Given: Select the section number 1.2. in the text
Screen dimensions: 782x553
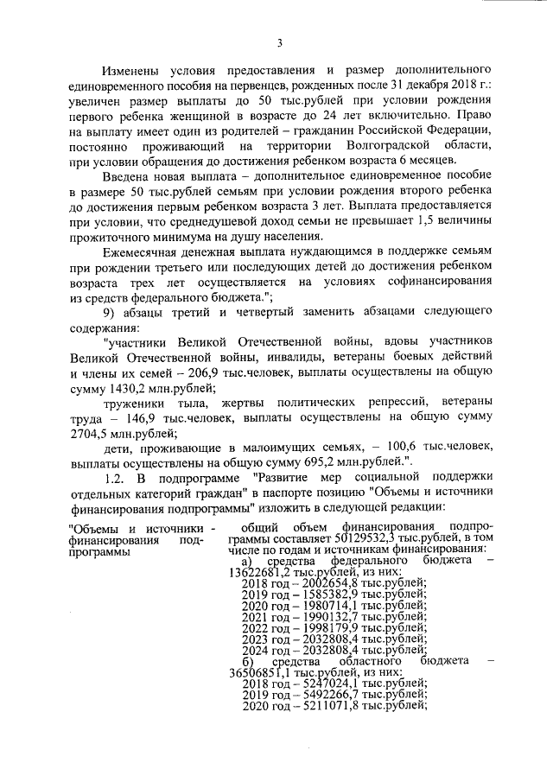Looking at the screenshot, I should click(117, 480).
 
